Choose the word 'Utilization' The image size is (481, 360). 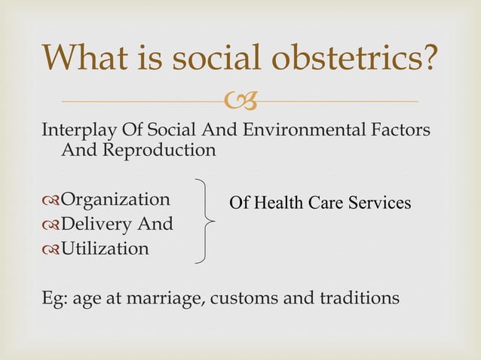click(x=105, y=248)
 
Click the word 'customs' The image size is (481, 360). click(x=241, y=298)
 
